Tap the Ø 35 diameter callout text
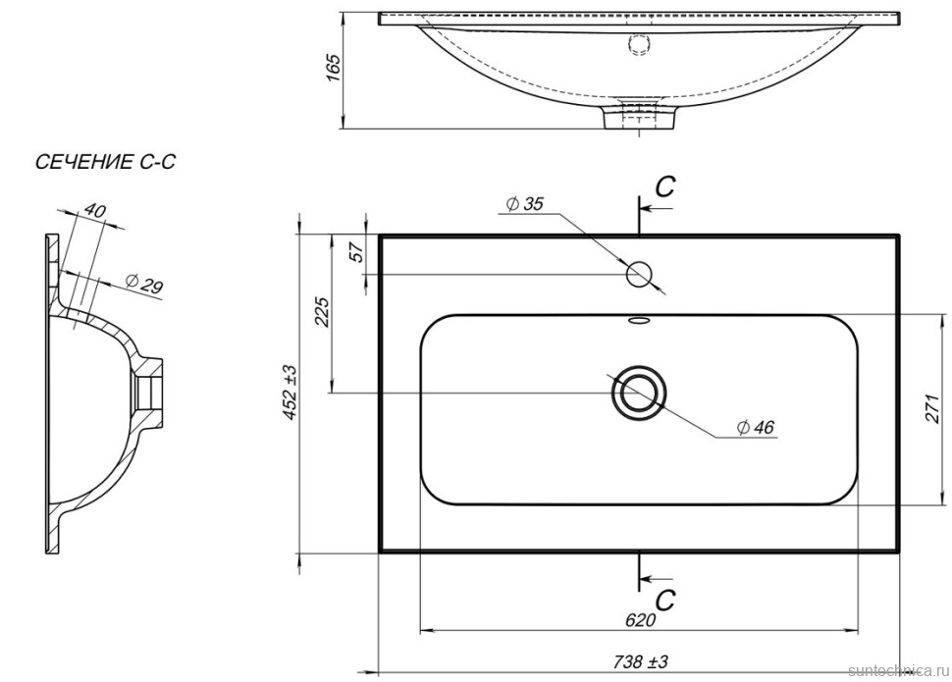coord(525,205)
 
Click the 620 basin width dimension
coord(639,620)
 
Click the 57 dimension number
coord(357,251)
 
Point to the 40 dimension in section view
coord(95,210)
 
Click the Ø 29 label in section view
coord(144,286)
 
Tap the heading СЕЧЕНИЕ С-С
coord(105,163)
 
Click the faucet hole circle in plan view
coord(640,274)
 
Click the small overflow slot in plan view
coord(639,320)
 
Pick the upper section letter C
coord(665,188)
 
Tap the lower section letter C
coord(665,598)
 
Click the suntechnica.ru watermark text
coord(892,670)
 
